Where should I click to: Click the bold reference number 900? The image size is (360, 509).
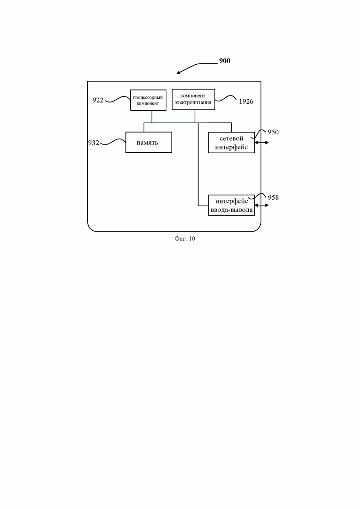coord(225,61)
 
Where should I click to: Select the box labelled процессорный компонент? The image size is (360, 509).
coord(148,100)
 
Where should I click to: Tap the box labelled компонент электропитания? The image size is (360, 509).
coord(193,99)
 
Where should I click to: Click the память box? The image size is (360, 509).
coord(149,142)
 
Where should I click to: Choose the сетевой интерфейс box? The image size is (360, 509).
coord(231,143)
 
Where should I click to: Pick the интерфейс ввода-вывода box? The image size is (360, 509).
coord(231,205)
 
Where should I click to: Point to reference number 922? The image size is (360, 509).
coord(98,100)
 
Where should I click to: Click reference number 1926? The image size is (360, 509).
coord(246,102)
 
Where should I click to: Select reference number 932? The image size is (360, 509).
coord(94,143)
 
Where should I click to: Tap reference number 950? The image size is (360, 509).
coord(273,132)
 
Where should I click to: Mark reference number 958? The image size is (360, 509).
coord(273,198)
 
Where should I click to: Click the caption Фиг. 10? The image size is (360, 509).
coord(185,239)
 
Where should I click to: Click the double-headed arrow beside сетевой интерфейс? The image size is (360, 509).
coord(262,143)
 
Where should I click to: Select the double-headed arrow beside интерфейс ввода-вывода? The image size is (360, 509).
coord(262,205)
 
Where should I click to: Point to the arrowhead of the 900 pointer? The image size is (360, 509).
coord(177,73)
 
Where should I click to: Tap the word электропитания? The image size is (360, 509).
coord(193,102)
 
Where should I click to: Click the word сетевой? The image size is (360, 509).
coord(231,138)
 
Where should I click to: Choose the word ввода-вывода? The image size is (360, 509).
coord(231,210)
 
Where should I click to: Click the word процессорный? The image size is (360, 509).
coord(148,97)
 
